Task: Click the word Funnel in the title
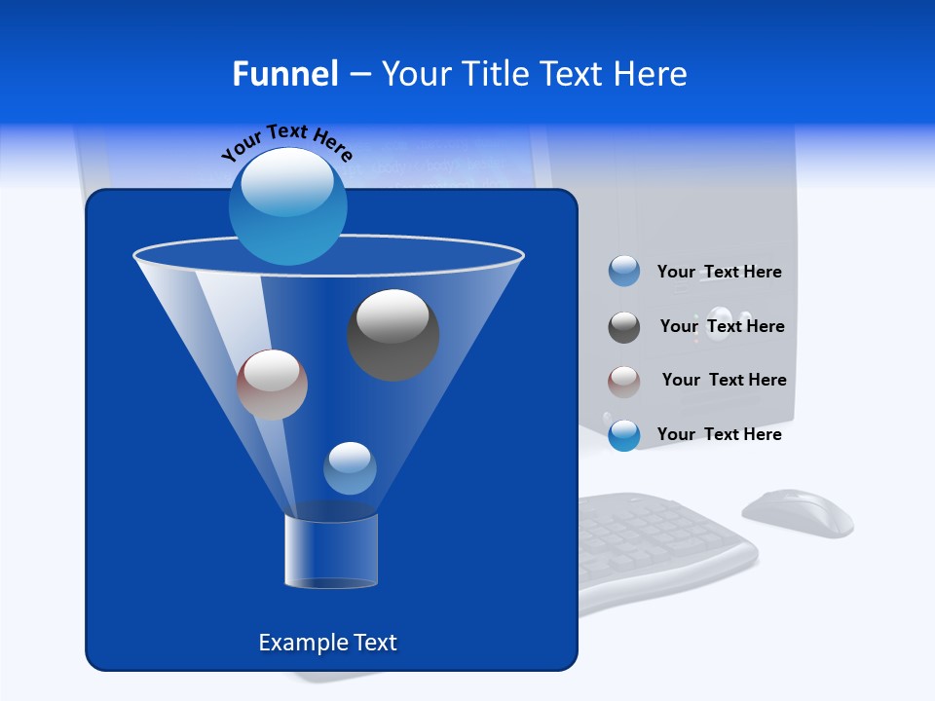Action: tap(284, 74)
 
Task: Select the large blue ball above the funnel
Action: tap(288, 205)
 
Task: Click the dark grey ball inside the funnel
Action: tap(393, 335)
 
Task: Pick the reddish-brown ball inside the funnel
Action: tap(272, 385)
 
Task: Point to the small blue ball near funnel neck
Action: tap(350, 468)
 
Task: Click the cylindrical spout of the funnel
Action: tap(331, 550)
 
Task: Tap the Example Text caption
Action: tap(328, 643)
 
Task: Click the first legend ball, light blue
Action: tap(624, 271)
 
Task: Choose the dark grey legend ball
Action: tap(624, 327)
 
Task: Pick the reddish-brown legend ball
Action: tap(624, 381)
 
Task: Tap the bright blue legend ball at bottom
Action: tap(624, 434)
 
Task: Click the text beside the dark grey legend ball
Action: tap(722, 326)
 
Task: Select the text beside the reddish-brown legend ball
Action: tap(724, 380)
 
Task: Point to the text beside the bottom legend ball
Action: tap(719, 434)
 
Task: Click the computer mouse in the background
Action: tap(798, 513)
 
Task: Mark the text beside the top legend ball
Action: tap(719, 272)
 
